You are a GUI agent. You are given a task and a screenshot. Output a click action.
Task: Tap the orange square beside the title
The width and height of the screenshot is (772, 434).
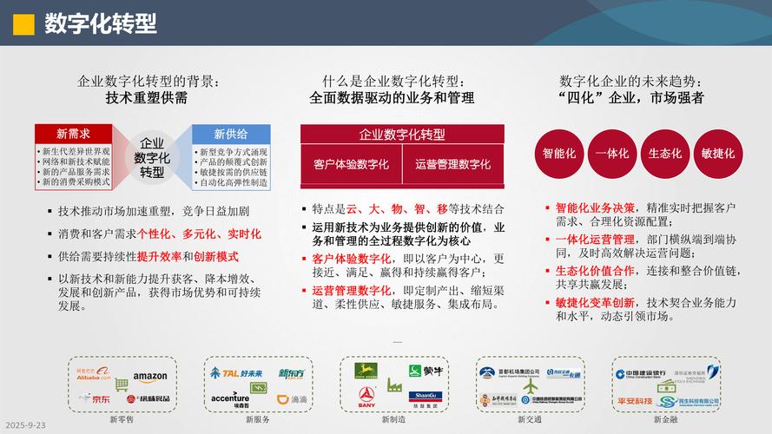coord(23,23)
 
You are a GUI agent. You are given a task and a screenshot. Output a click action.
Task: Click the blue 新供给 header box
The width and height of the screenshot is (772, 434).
coord(230,134)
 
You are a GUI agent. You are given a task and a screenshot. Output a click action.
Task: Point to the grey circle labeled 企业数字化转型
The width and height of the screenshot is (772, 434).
coord(152,157)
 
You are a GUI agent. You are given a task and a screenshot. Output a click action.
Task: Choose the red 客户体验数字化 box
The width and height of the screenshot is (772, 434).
coord(351,164)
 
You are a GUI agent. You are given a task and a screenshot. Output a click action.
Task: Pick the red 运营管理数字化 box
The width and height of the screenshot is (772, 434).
coord(452,164)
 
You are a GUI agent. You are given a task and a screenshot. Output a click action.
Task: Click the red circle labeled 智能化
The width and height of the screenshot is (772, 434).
coord(559,153)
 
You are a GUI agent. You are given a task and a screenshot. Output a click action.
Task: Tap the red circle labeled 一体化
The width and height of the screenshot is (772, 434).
coord(612,153)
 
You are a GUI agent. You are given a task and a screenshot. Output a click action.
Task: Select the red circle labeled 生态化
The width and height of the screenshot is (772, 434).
coord(665,153)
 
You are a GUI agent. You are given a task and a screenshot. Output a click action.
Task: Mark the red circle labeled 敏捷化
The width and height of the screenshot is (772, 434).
coord(717,153)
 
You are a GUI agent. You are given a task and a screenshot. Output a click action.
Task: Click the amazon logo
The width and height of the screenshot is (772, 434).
coord(149,376)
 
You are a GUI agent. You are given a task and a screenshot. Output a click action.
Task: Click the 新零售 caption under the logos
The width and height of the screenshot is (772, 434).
coord(122,419)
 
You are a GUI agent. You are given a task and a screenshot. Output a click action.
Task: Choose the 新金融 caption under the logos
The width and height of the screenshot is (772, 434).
coord(667,419)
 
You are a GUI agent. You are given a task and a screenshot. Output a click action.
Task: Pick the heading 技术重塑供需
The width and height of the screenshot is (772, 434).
coord(146,98)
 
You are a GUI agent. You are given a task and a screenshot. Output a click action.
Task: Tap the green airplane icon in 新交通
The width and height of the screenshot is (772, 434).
coord(531,385)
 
